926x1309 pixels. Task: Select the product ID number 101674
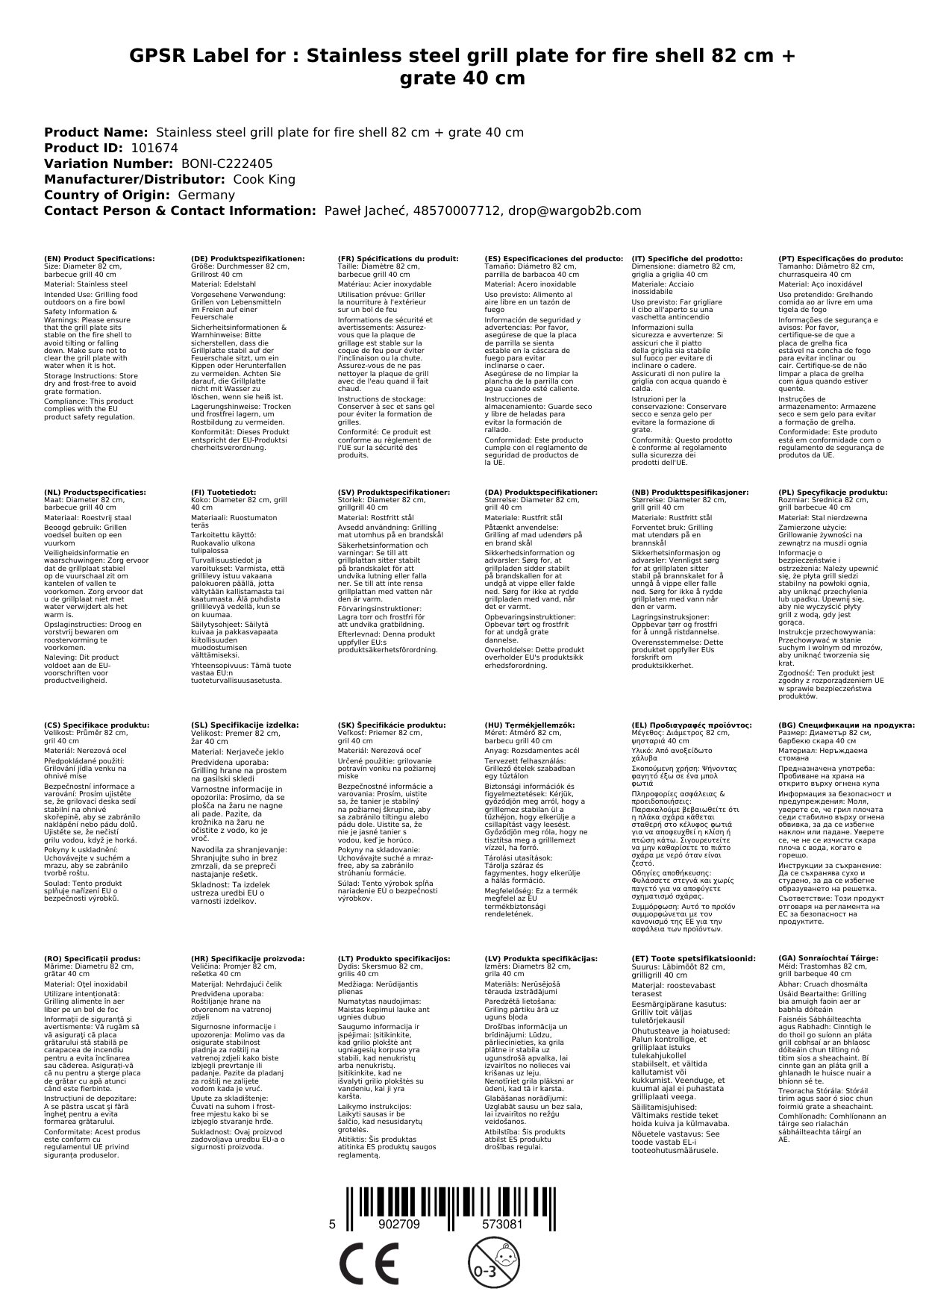[x=154, y=148]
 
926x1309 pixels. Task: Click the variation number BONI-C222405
[x=227, y=163]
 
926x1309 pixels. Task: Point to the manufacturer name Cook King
[x=264, y=179]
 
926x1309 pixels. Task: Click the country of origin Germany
[x=206, y=195]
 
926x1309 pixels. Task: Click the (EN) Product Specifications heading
[x=99, y=258]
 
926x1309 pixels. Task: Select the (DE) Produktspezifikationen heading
[x=248, y=258]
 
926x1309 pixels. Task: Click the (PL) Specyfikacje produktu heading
[x=833, y=493]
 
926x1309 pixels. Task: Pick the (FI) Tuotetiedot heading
[x=223, y=493]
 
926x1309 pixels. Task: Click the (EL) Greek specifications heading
[x=692, y=725]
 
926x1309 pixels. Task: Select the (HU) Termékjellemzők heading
[x=532, y=725]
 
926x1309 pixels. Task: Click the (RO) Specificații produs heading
[x=92, y=957]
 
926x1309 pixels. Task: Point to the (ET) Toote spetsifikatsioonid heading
[x=693, y=957]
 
